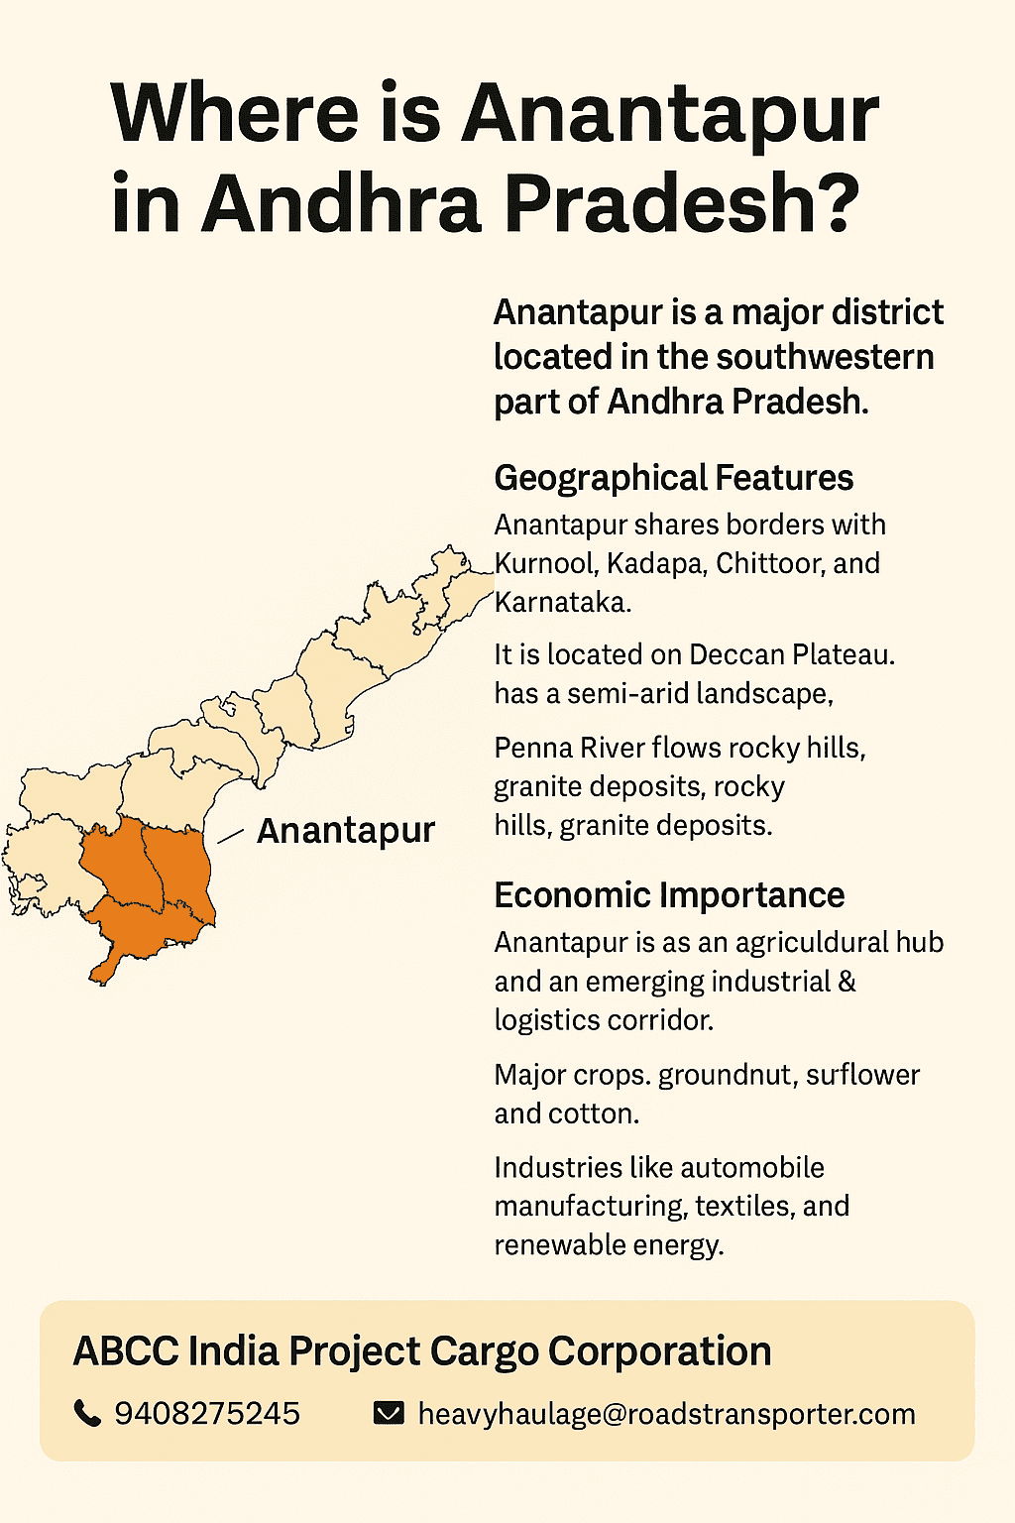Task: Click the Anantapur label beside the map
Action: click(x=345, y=831)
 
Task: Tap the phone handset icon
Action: click(x=88, y=1413)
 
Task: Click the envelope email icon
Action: click(x=389, y=1413)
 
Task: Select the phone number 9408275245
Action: click(x=207, y=1413)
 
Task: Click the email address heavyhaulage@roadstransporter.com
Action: click(x=666, y=1414)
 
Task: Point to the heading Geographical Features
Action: click(x=673, y=478)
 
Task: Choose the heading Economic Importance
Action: click(x=669, y=895)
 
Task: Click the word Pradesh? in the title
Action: click(x=682, y=203)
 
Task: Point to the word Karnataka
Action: click(x=561, y=602)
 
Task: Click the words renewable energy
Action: click(x=609, y=1245)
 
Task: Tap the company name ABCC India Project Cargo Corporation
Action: click(x=422, y=1351)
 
